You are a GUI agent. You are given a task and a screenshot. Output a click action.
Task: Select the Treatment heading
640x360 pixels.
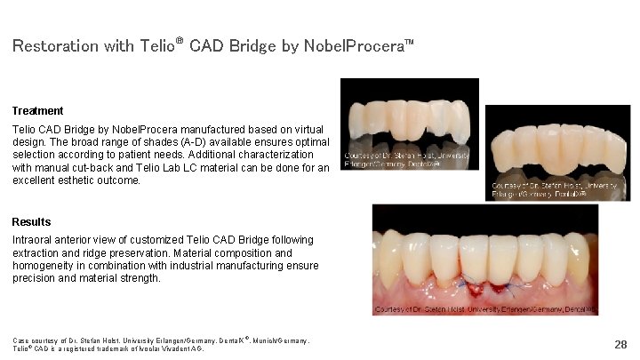click(37, 111)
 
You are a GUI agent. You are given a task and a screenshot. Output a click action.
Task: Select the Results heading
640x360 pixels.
click(32, 221)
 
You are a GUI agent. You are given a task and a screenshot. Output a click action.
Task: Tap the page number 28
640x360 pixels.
click(620, 343)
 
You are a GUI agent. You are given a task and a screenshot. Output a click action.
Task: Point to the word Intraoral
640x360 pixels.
click(33, 240)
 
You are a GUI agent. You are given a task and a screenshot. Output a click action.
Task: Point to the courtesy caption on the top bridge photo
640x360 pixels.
click(405, 160)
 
